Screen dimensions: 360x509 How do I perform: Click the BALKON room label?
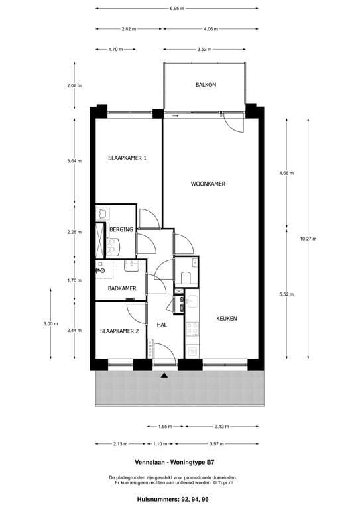tap(206, 85)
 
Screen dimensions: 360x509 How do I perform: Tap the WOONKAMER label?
tap(208, 184)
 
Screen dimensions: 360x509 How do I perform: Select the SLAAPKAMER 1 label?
tap(127, 158)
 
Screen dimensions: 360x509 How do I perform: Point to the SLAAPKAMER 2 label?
tap(119, 331)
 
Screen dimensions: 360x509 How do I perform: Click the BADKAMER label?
tap(122, 288)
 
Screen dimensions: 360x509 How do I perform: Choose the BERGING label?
tap(121, 229)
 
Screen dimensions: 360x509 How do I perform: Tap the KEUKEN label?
tap(227, 319)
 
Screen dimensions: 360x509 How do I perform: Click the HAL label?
tap(162, 325)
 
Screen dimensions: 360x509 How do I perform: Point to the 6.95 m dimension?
tap(176, 9)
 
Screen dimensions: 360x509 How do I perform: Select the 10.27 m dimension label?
tap(308, 239)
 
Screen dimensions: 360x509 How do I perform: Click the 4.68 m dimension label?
tap(286, 173)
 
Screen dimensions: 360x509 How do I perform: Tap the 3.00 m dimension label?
tap(50, 323)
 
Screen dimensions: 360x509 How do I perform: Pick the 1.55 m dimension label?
tap(165, 427)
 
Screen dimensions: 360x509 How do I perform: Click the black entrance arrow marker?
tap(164, 376)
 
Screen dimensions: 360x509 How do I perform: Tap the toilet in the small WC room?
tap(186, 278)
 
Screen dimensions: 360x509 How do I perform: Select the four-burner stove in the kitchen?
tap(192, 329)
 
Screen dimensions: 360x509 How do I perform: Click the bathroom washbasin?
tap(131, 266)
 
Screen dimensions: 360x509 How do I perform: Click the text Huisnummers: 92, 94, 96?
tap(172, 499)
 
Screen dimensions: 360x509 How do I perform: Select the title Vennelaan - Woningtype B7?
tap(174, 462)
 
